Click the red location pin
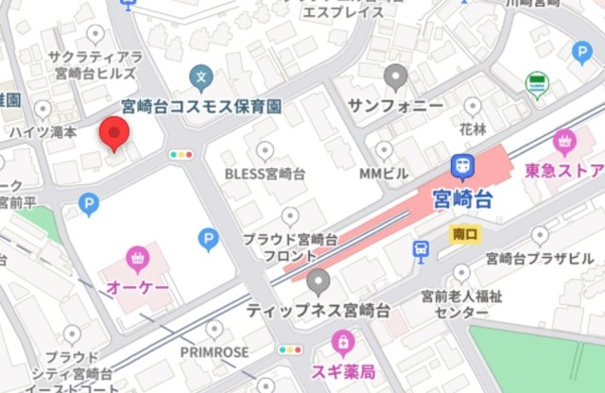[x=114, y=133]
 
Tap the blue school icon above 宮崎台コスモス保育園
[x=199, y=75]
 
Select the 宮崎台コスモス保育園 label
[x=200, y=106]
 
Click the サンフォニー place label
[x=396, y=104]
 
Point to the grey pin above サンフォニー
[x=396, y=76]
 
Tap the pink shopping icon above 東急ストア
[x=565, y=143]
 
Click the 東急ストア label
[x=565, y=171]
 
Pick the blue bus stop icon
[x=422, y=249]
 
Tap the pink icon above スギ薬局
[x=343, y=340]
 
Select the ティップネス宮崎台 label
[x=320, y=310]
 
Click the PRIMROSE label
[x=215, y=351]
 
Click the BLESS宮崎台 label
[x=265, y=174]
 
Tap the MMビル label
[x=383, y=174]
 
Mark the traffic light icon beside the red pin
[x=180, y=154]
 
